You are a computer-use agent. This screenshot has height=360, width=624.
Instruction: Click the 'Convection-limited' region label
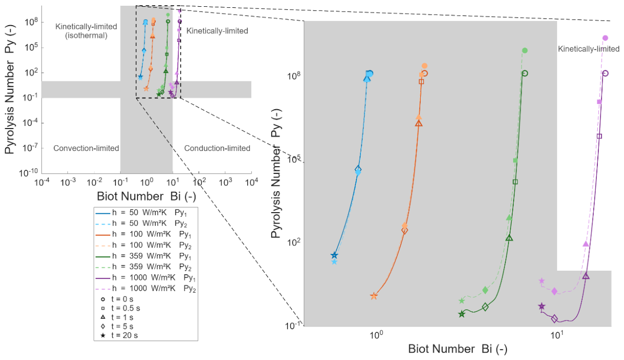(86, 148)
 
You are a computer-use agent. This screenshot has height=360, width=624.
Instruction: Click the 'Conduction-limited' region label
(217, 148)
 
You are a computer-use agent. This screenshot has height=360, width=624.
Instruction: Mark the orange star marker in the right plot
(374, 296)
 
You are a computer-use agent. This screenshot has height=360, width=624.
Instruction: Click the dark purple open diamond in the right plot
(554, 318)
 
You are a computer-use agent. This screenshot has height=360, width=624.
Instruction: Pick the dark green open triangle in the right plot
(510, 238)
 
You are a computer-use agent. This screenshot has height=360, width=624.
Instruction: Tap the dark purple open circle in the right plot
(605, 73)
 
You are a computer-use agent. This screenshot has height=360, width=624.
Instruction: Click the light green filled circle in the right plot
(525, 50)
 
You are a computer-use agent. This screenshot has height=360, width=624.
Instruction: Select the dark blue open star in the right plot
(334, 255)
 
